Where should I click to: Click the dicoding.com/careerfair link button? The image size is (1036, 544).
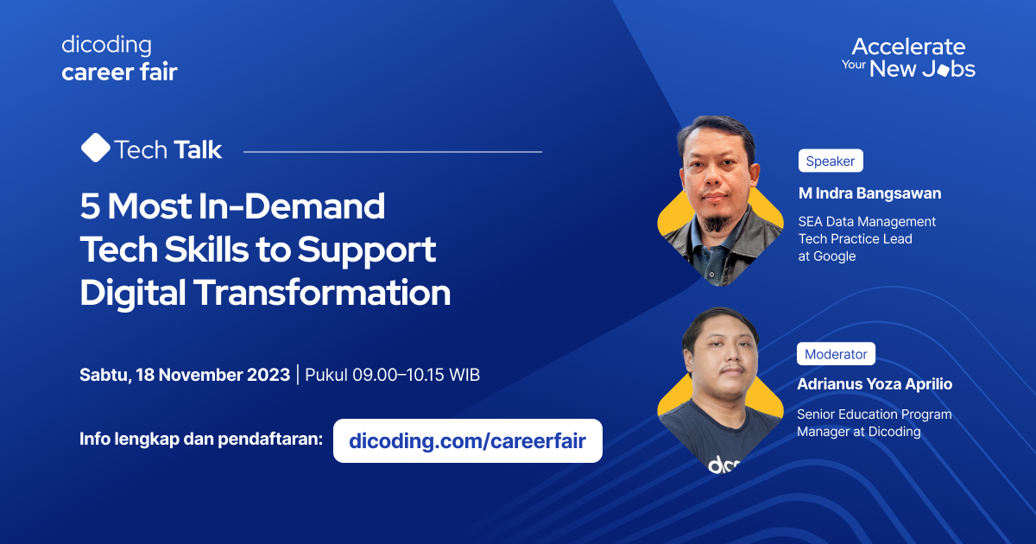point(467,441)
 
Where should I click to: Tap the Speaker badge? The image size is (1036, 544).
point(830,161)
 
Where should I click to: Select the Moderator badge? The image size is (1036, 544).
point(836,354)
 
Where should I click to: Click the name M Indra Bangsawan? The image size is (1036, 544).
point(869,193)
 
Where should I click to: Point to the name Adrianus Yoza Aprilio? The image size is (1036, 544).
point(875,384)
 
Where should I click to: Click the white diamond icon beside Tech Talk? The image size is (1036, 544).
point(95,149)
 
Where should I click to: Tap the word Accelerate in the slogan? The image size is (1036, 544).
point(908,47)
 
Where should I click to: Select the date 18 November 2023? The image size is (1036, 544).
point(212,375)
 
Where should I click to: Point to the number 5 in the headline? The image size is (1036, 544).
point(90,207)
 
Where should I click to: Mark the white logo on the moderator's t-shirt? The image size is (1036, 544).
point(724,465)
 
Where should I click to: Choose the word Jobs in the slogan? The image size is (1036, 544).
point(948,70)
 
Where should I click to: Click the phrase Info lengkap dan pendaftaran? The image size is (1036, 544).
point(200,438)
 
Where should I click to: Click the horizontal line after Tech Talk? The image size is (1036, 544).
point(393,152)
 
